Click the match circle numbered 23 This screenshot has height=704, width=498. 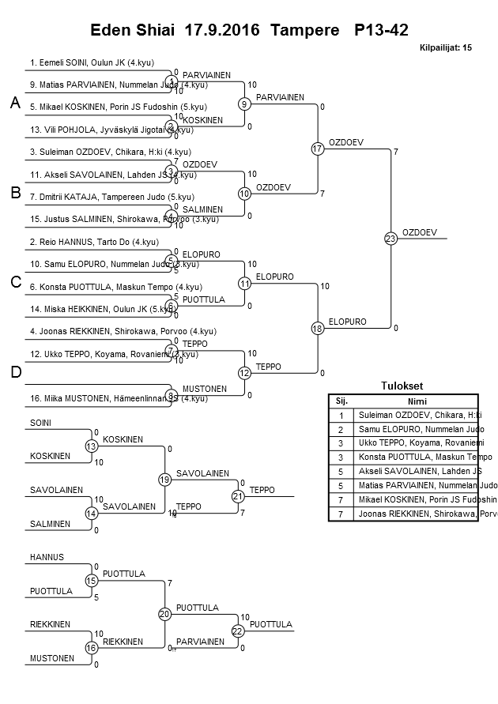390,238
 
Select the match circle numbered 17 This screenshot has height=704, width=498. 318,149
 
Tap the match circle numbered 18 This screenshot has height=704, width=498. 318,328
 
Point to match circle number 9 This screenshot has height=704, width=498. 245,104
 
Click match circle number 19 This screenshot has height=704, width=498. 165,480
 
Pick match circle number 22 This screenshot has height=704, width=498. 238,631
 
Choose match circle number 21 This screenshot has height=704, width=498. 238,496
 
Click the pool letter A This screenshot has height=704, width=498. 14,104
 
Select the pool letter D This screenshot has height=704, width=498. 14,372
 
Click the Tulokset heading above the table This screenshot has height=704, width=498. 402,386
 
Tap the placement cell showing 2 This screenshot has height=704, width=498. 341,429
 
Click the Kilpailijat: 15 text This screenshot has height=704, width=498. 446,48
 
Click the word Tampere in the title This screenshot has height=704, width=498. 307,31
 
